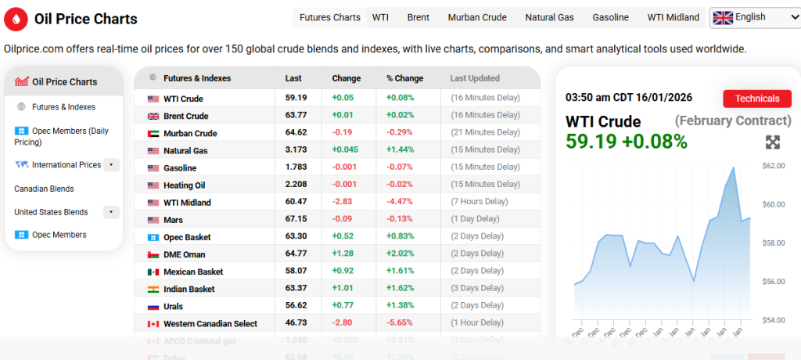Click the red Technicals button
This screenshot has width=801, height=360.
coord(757,99)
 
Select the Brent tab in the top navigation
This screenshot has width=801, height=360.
coord(418,17)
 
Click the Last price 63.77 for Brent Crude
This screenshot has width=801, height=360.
coord(296,116)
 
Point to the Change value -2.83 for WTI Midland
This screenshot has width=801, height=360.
coord(342,202)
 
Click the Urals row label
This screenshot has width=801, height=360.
coord(173,306)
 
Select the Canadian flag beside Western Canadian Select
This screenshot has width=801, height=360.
coord(153,324)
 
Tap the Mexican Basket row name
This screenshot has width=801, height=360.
coord(193,272)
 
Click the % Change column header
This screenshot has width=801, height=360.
coord(404,78)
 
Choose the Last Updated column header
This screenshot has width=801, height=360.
coord(475,78)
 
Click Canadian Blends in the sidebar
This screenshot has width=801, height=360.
coord(44,189)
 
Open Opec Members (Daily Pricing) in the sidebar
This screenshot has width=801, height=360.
coord(61,136)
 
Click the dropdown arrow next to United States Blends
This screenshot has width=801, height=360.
coord(111,212)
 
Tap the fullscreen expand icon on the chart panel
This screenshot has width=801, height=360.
coord(772,142)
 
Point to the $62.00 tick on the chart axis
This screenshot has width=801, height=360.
coord(773,166)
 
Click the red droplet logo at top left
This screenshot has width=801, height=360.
coord(16,19)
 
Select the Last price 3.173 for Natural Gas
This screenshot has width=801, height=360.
coord(296,150)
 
